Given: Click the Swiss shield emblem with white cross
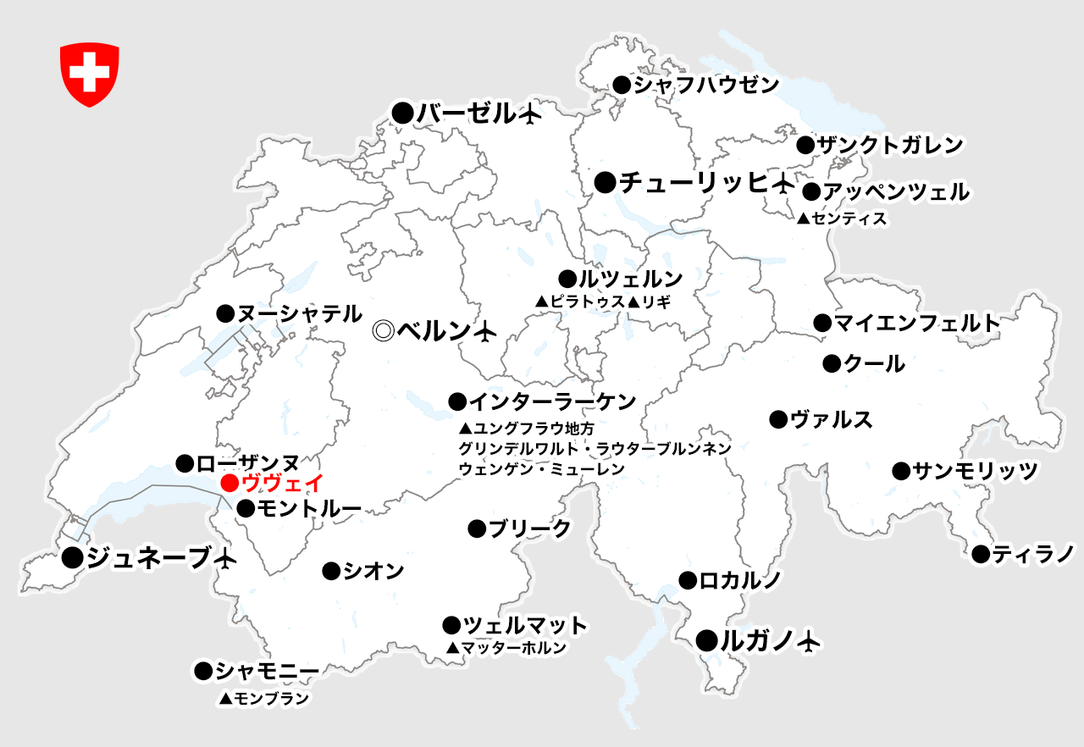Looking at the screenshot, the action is pyautogui.click(x=89, y=75).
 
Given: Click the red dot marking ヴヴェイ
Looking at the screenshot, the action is pyautogui.click(x=229, y=484).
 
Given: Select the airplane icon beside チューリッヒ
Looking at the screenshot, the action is pyautogui.click(x=783, y=182).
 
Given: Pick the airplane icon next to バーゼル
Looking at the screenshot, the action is pyautogui.click(x=529, y=113).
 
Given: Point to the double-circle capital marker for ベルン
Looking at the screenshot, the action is pyautogui.click(x=384, y=331).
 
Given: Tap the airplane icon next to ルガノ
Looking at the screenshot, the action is pyautogui.click(x=810, y=641).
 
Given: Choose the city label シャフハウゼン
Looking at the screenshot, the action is pyautogui.click(x=706, y=85).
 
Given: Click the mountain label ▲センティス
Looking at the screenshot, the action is pyautogui.click(x=842, y=219).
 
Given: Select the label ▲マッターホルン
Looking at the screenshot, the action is pyautogui.click(x=506, y=648).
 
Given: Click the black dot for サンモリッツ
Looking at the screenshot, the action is pyautogui.click(x=900, y=471).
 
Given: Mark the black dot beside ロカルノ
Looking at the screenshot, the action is pyautogui.click(x=688, y=580).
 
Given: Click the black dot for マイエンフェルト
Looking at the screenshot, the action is pyautogui.click(x=821, y=323).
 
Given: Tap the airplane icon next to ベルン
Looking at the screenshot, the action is pyautogui.click(x=484, y=332).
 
